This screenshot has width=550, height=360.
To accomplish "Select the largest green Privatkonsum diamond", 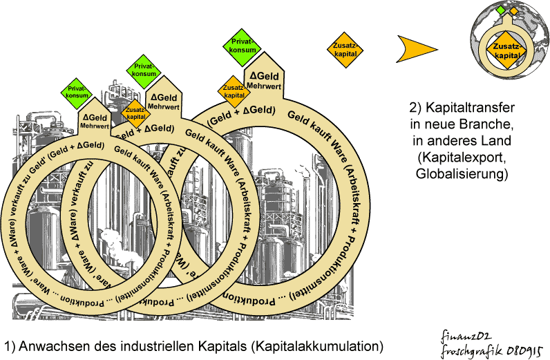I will coord(243,46).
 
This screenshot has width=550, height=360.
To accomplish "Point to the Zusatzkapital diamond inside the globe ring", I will coord(506,49).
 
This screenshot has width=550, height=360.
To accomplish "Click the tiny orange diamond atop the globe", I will coord(513,10).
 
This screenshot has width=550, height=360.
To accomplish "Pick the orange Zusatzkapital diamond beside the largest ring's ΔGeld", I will coord(234,91).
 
